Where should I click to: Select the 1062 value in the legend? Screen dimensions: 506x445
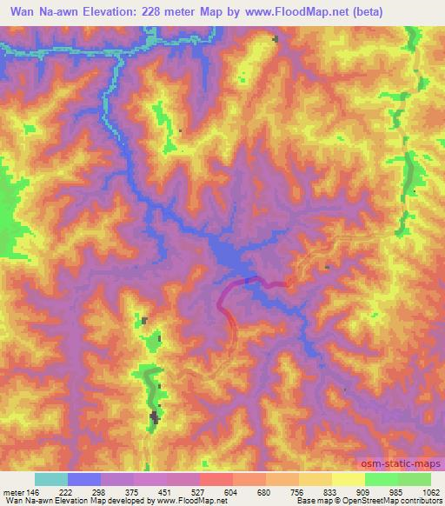[x=430, y=491]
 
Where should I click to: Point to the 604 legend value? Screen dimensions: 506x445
[x=232, y=491]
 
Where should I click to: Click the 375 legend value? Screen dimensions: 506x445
[x=133, y=491]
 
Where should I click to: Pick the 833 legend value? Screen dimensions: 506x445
[x=331, y=491]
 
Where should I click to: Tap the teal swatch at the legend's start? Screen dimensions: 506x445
[x=50, y=479]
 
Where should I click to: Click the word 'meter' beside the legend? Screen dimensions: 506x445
[x=13, y=491]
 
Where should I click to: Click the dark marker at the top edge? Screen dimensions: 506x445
[x=276, y=39]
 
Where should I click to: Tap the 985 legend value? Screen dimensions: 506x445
[x=397, y=491]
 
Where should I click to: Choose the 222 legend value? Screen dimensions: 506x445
[x=67, y=491]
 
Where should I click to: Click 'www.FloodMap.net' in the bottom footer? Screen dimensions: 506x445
[x=185, y=501]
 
